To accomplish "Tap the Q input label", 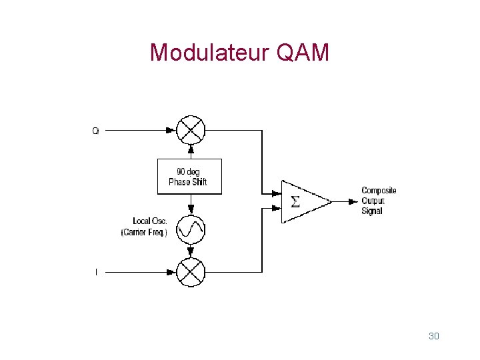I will point(95,131).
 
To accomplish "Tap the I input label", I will point(96,272).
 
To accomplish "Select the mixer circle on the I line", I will point(191,272).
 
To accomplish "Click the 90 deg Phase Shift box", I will point(189,177).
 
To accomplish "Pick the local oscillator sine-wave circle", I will point(191,229).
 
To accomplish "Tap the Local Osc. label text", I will point(151,221).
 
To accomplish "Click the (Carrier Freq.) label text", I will point(144,232).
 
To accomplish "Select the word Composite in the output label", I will point(379,191).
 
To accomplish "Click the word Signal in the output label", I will point(372,211).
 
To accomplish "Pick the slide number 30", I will point(433,336).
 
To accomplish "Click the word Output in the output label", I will point(373,201).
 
